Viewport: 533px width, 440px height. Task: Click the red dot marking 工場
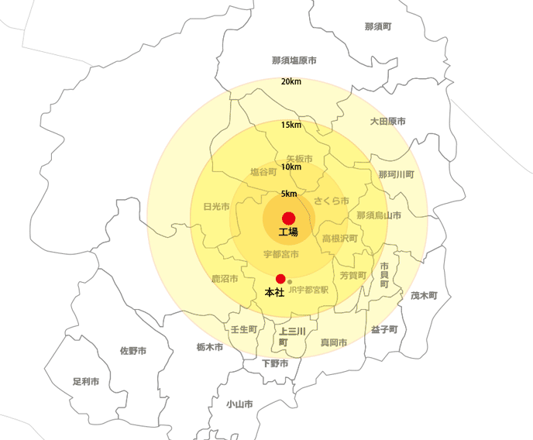click(289, 218)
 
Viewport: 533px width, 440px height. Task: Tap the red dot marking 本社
click(280, 279)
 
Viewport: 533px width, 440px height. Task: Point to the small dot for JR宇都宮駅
click(290, 282)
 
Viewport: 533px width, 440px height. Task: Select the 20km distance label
click(291, 82)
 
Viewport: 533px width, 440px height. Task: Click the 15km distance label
click(291, 125)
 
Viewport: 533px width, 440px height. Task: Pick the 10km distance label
click(291, 167)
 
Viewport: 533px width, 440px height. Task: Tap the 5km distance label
click(289, 194)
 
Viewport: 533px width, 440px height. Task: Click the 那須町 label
click(378, 27)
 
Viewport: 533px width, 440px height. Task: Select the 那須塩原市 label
click(294, 60)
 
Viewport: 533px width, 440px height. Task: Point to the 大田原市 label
click(387, 122)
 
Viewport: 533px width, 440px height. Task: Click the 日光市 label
click(216, 207)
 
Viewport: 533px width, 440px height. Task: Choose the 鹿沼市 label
click(225, 278)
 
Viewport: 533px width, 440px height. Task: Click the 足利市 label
click(86, 382)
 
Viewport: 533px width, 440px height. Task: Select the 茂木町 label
click(424, 296)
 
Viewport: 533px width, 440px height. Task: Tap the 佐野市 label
click(133, 351)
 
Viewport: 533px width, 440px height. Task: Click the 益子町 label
click(383, 329)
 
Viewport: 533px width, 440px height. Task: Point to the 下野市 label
click(275, 363)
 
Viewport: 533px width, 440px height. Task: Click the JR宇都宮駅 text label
click(308, 290)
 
